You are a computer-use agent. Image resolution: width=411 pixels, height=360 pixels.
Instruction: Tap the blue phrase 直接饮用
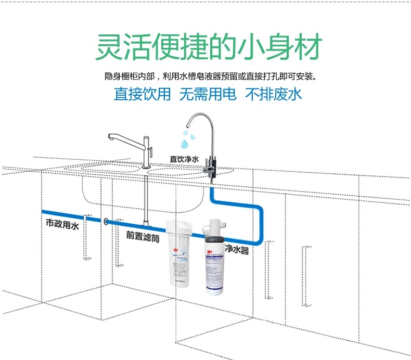pos(142,94)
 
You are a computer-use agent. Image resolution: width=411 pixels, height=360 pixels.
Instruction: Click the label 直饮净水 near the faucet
pos(184,158)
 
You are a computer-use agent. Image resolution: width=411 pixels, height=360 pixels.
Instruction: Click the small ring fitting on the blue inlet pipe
pos(107,222)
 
